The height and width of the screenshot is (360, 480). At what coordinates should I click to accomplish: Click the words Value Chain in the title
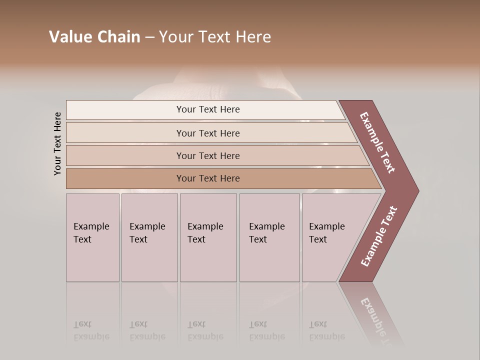pos(94,37)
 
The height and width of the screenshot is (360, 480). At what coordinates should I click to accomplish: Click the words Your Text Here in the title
pos(215,37)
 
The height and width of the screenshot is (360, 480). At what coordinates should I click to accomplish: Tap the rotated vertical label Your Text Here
pos(57,143)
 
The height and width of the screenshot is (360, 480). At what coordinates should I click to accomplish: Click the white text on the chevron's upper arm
pos(377,142)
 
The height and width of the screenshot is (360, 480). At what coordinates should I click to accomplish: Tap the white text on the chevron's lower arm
pos(379,236)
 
